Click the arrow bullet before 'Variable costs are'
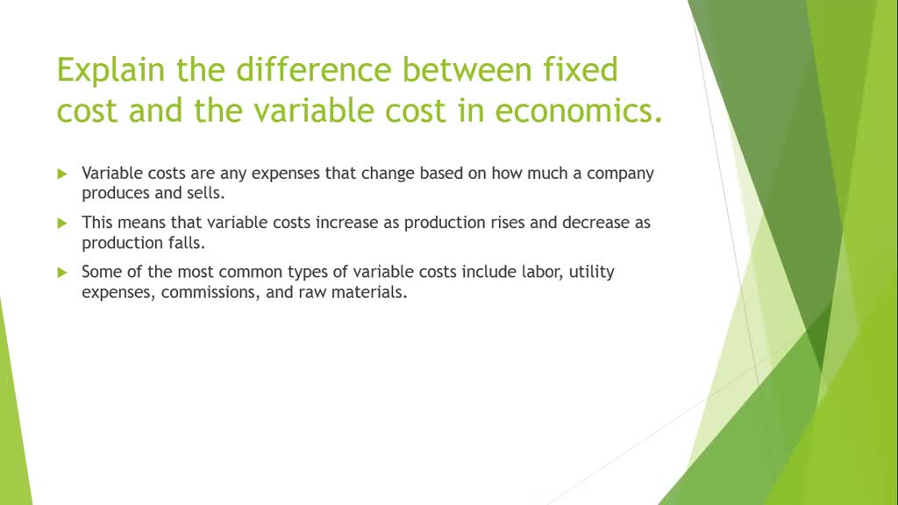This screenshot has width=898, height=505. click(62, 174)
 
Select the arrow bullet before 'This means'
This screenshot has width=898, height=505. click(62, 223)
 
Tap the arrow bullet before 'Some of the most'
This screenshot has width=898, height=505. click(62, 272)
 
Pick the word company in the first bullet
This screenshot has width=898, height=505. click(620, 173)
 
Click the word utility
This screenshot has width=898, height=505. click(592, 272)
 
